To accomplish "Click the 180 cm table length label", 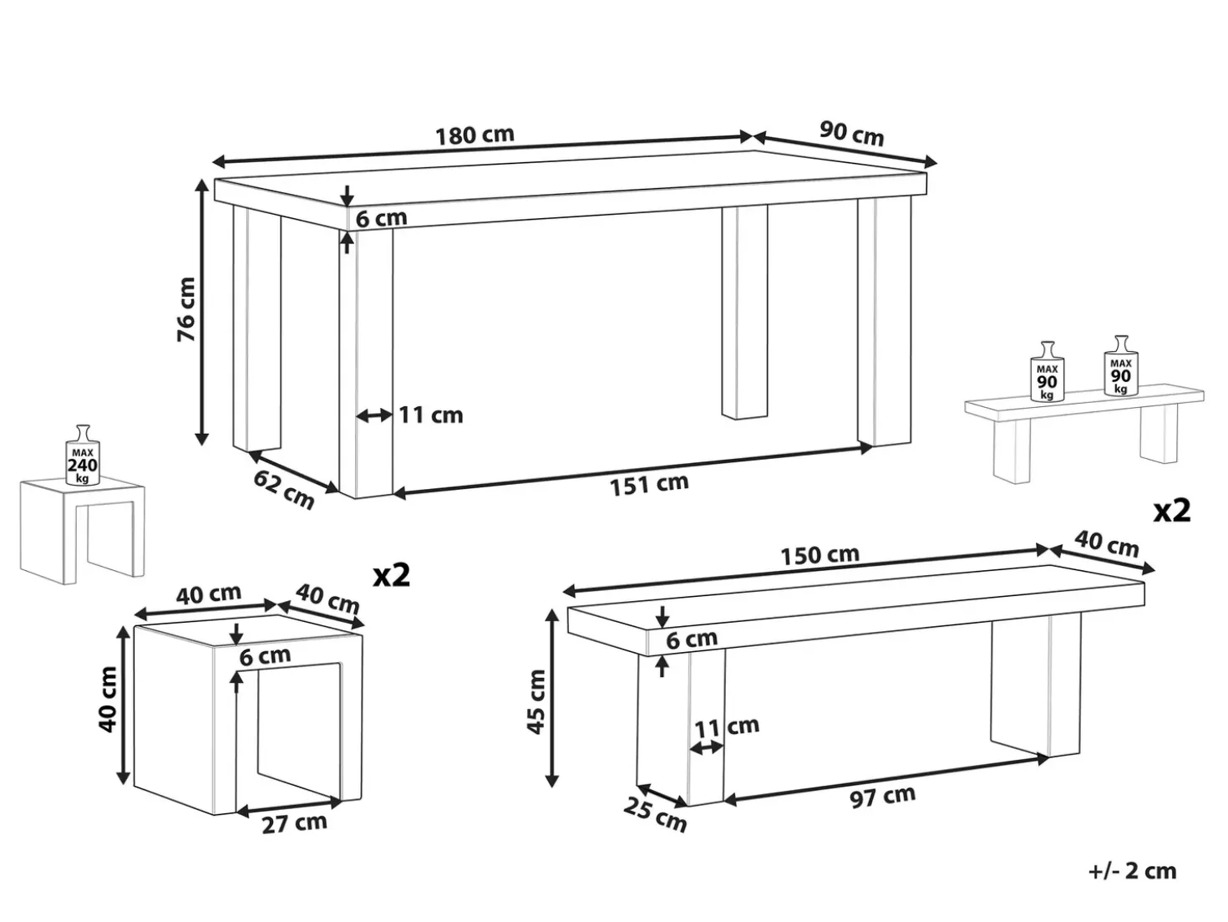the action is [x=474, y=135].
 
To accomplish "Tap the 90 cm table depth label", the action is [x=851, y=133].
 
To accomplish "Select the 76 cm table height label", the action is [x=186, y=309].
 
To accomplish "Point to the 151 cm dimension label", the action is [x=649, y=484].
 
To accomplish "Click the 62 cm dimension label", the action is [x=284, y=490].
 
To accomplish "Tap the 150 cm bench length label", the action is [x=820, y=555].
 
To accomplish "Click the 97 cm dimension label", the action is [x=883, y=796].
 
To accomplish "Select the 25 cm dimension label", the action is [x=655, y=815].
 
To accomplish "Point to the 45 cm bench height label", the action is [x=536, y=701].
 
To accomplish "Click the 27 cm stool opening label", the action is [x=294, y=823].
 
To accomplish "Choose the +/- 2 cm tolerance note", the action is [x=1132, y=871].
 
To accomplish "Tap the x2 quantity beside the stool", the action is [x=392, y=575].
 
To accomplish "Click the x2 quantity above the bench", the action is [x=1172, y=510].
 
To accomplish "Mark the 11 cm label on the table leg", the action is [x=431, y=415].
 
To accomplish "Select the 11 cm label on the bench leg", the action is [x=727, y=726].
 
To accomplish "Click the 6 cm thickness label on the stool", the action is [x=265, y=655].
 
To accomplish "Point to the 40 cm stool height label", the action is [x=108, y=699].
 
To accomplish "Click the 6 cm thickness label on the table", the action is [x=382, y=218].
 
